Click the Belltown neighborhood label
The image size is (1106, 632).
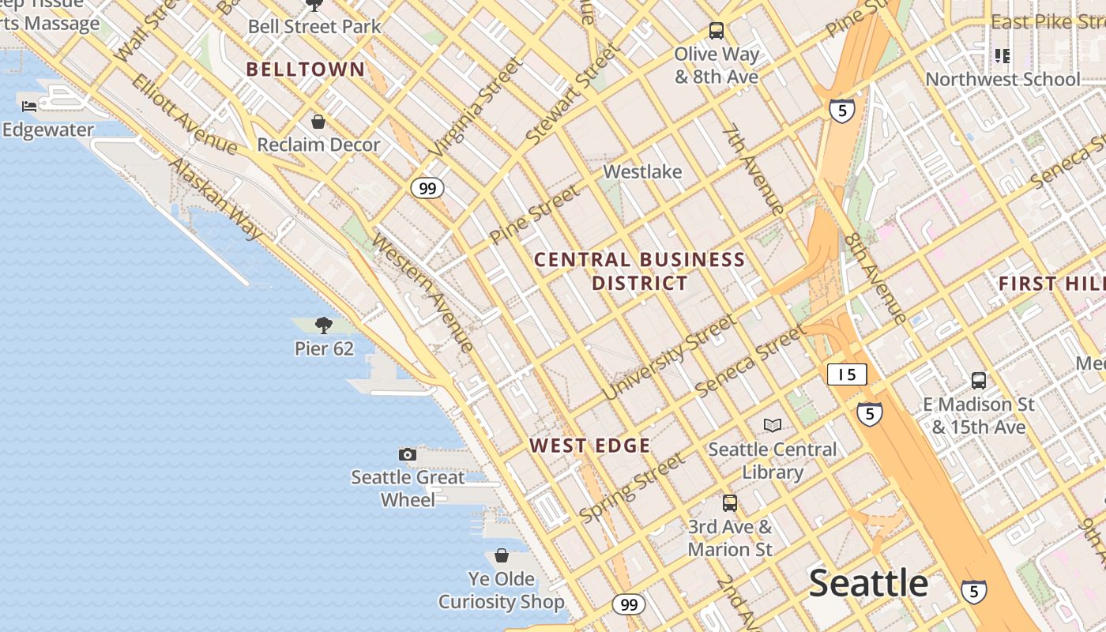tap(305, 70)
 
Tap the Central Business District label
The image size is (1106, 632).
tap(639, 271)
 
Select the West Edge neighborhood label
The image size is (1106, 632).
tap(590, 446)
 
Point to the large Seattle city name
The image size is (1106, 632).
tap(868, 583)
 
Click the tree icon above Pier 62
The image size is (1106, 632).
tap(323, 325)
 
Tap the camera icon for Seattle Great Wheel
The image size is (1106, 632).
tap(408, 454)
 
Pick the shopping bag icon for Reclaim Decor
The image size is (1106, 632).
tap(318, 122)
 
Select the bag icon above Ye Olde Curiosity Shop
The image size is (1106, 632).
tap(501, 555)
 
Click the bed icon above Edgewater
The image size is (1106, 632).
tap(30, 107)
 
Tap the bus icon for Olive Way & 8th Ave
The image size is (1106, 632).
tap(717, 31)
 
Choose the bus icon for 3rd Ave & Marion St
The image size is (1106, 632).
tap(730, 503)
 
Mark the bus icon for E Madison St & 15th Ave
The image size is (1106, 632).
tap(978, 381)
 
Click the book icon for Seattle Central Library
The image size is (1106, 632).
tap(772, 426)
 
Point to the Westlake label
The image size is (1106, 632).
tap(642, 171)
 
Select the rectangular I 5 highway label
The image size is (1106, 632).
tap(847, 374)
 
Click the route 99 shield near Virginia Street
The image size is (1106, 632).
tap(427, 188)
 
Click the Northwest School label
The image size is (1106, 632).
tap(1002, 79)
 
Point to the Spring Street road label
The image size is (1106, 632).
tap(631, 488)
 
